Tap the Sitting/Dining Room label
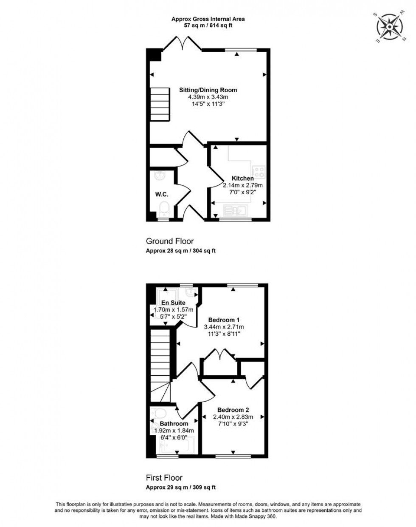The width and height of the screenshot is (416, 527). point(208,90)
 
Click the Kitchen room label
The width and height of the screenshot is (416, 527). point(243,178)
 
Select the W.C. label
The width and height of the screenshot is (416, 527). point(162,195)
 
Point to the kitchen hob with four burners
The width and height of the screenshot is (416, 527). point(259,171)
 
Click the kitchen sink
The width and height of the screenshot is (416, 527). point(236,210)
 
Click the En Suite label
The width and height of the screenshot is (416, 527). point(173,303)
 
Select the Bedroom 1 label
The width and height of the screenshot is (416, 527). point(224,320)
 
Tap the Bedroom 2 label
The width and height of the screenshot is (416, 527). point(233,410)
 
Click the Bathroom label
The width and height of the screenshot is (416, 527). point(174,424)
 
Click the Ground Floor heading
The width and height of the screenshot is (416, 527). point(170,241)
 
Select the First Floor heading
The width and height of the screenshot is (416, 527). point(164,478)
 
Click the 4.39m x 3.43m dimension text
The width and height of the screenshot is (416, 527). point(208,97)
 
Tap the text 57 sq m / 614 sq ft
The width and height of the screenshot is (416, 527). point(208,25)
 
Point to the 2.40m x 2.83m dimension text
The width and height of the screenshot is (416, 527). point(233,417)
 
